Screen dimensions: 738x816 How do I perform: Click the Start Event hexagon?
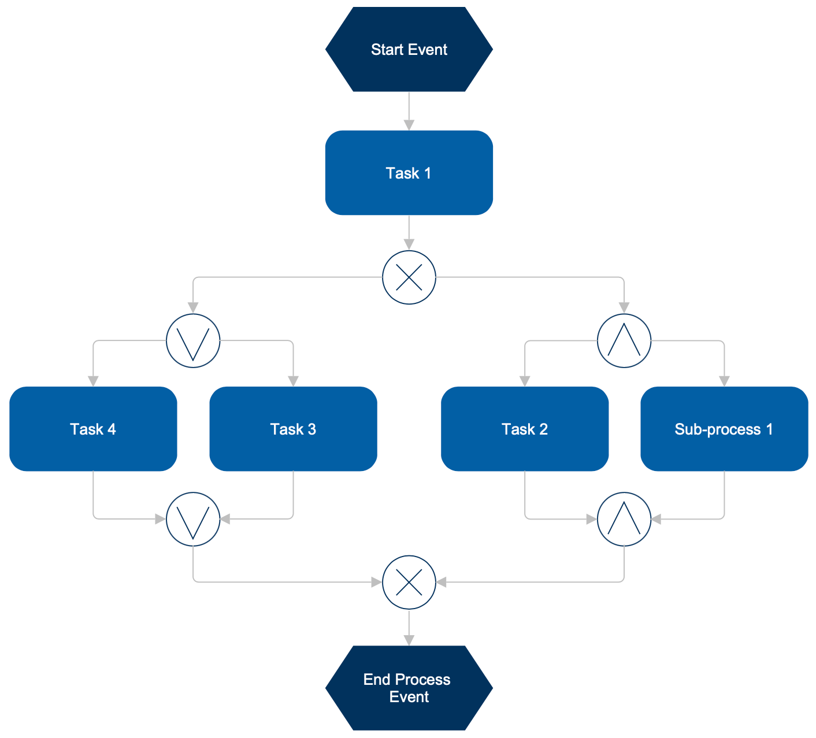pos(409,50)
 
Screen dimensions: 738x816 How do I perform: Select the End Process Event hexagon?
pos(409,688)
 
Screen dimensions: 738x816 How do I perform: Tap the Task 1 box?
pos(409,173)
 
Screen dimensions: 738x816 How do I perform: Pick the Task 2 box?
pos(524,429)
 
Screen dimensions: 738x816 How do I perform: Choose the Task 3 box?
pos(293,429)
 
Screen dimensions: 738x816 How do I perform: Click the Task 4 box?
pos(93,429)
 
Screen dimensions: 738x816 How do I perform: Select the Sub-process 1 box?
pos(724,429)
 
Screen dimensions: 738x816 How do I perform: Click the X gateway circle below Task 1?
pos(409,277)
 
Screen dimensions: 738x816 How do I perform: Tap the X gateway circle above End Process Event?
pos(409,582)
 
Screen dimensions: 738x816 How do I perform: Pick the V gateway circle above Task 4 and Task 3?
pos(193,341)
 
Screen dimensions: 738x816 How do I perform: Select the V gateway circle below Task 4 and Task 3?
pos(193,519)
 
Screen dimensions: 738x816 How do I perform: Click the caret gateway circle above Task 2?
pos(624,341)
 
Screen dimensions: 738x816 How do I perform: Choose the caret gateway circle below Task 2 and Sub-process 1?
pos(624,519)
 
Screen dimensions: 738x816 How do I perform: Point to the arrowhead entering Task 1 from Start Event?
pos(409,125)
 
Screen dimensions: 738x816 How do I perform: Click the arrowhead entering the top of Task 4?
pos(93,381)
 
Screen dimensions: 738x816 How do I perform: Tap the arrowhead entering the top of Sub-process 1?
pos(724,381)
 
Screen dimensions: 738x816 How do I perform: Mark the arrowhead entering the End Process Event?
pos(409,640)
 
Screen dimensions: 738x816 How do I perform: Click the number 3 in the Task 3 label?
pos(311,429)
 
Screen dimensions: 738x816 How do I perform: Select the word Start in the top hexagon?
pos(387,50)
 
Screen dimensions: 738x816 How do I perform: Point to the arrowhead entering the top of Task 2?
pos(524,381)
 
